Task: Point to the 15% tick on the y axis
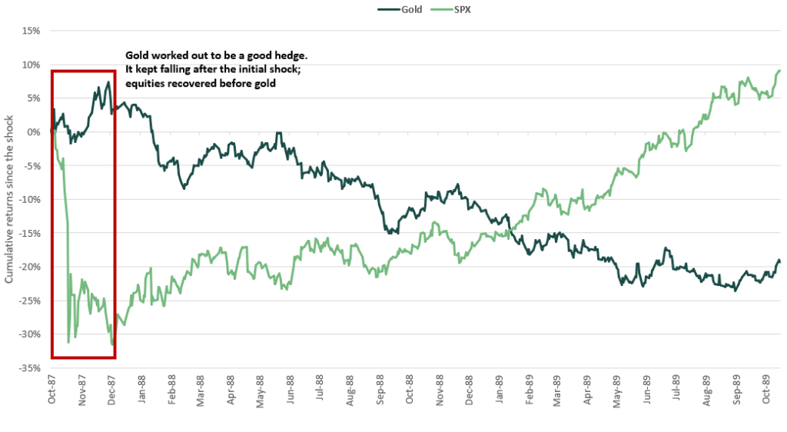pyautogui.click(x=31, y=32)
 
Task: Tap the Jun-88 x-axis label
pyautogui.click(x=291, y=390)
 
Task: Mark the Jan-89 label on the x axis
pyautogui.click(x=500, y=390)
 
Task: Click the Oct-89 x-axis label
pyautogui.click(x=768, y=390)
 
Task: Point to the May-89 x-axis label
pyautogui.click(x=619, y=390)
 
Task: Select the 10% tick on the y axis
pyautogui.click(x=31, y=65)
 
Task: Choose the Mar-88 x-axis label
pyautogui.click(x=201, y=390)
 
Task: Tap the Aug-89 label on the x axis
pyautogui.click(x=708, y=390)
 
